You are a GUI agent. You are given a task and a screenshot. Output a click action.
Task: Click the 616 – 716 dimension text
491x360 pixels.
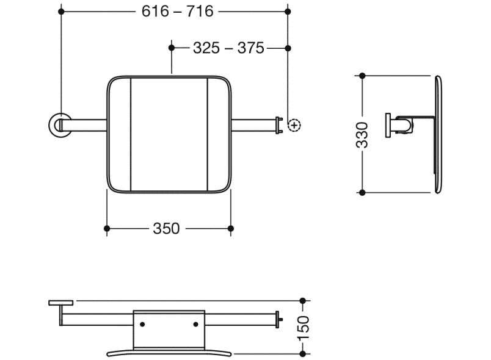tap(178, 11)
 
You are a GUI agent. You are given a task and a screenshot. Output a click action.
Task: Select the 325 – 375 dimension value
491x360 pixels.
tap(228, 48)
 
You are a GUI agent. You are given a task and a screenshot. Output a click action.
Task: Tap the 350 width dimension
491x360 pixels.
tap(166, 228)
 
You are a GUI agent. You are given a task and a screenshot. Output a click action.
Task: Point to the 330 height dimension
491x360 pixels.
tap(362, 134)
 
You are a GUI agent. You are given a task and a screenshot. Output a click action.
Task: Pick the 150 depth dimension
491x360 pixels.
tap(304, 328)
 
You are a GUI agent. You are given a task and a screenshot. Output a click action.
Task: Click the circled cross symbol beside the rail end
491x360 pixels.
tap(295, 125)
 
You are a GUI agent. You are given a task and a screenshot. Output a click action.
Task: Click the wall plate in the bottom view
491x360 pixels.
tap(61, 303)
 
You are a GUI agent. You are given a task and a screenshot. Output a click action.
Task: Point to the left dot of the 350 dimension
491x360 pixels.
tap(107, 228)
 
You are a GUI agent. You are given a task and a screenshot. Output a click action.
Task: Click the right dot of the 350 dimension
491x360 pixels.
tap(230, 228)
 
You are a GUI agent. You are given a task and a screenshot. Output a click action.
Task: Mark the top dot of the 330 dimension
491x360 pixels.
tap(362, 76)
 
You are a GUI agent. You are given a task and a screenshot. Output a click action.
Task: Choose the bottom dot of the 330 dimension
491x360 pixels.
tap(362, 192)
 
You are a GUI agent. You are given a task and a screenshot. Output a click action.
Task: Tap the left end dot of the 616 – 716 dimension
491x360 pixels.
tap(60, 11)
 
